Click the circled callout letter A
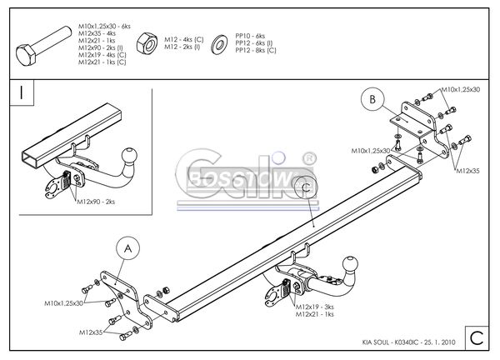127,247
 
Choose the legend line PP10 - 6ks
250,36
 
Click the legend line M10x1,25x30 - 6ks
105,26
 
